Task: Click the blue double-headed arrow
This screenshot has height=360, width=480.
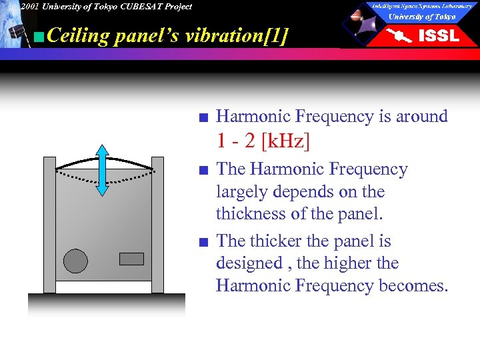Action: point(102,170)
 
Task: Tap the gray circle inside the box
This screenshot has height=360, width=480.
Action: point(75,261)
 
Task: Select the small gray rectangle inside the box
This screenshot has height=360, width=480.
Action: point(131,259)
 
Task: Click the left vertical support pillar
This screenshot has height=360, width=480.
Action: point(49,225)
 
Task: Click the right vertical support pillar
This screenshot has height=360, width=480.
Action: point(158,225)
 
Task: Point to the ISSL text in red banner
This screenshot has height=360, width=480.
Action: point(438,36)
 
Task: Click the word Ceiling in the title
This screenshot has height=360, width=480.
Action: point(79,35)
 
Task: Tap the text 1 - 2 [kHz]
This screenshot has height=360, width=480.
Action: point(263,141)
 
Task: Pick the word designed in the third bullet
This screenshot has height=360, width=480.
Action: point(249,263)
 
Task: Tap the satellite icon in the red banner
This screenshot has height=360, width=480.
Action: point(401,36)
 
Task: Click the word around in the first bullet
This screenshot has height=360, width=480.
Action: point(422,117)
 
